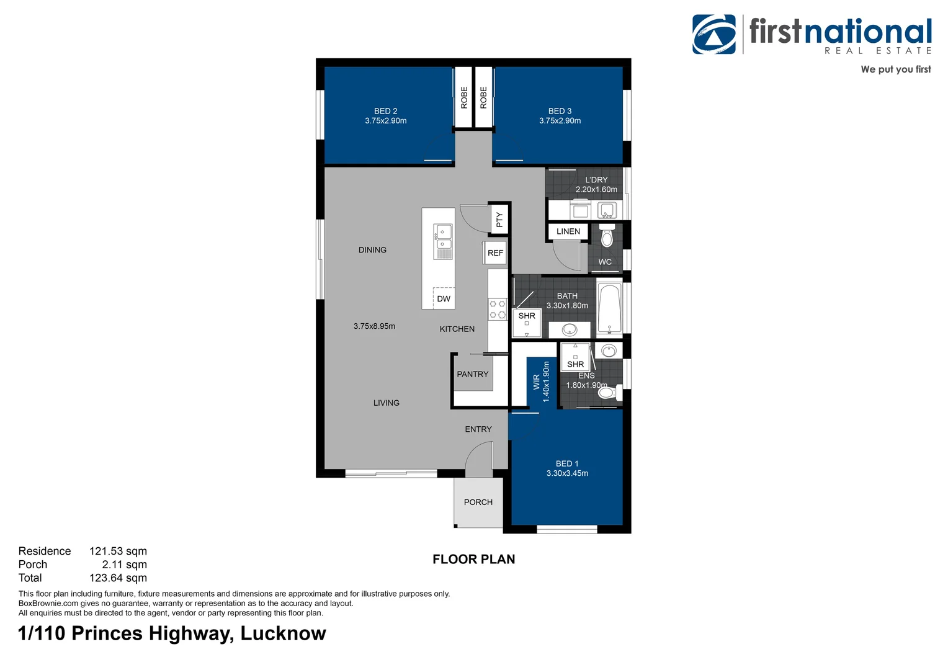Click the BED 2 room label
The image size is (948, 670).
(385, 111)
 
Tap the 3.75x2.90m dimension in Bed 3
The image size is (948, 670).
(560, 120)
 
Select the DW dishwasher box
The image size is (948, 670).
(443, 298)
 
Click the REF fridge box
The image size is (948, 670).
(495, 252)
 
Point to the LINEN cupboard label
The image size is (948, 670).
(568, 231)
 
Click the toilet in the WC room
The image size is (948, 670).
(607, 236)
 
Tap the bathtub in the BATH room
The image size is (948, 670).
(609, 308)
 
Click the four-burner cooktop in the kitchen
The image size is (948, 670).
(498, 309)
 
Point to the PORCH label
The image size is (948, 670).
(478, 502)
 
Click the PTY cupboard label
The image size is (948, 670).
(499, 220)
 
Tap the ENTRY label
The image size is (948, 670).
(478, 429)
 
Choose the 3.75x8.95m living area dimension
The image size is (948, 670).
(374, 326)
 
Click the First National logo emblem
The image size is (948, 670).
(714, 34)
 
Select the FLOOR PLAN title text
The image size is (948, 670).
(473, 559)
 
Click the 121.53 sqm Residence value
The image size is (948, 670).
(118, 551)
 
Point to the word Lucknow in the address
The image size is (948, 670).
(283, 633)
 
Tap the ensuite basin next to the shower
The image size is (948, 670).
(609, 351)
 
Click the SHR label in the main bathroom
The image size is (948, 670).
(527, 316)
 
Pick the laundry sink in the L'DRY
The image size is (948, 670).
(607, 210)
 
